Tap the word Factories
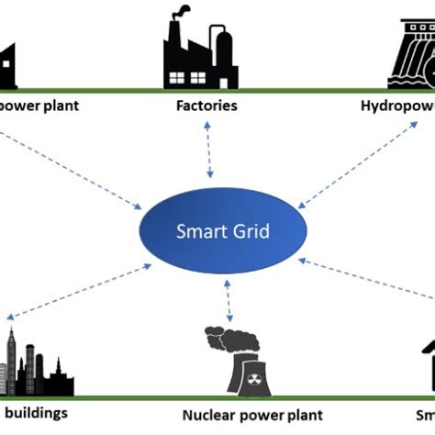206,105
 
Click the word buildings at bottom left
37,412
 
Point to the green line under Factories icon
206,89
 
